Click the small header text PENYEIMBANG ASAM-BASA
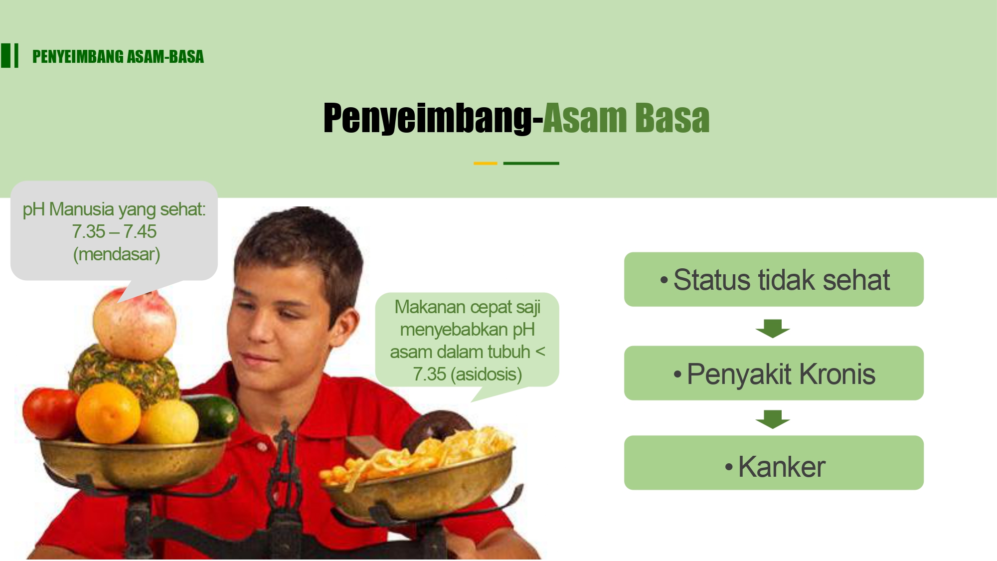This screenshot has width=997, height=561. point(118,57)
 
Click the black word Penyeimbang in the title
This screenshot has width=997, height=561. point(427,119)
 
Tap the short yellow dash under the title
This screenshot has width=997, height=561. point(485,163)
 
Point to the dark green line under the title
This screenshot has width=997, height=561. point(531,163)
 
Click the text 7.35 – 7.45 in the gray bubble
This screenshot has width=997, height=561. point(114,232)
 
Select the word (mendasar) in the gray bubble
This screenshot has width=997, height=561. point(116,254)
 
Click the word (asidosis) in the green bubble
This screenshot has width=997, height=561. point(486,374)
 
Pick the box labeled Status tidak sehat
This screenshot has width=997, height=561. point(774,279)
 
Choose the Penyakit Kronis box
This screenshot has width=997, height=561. point(774,373)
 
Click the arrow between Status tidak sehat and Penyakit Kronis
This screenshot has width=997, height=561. point(773,328)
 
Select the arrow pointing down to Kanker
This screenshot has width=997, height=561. point(773,419)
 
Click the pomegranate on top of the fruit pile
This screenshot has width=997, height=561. point(135,324)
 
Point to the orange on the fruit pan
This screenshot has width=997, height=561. point(108,413)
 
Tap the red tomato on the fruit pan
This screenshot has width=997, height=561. point(50,413)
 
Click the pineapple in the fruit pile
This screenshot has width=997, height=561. point(125,372)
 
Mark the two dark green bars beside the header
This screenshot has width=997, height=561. point(9,55)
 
